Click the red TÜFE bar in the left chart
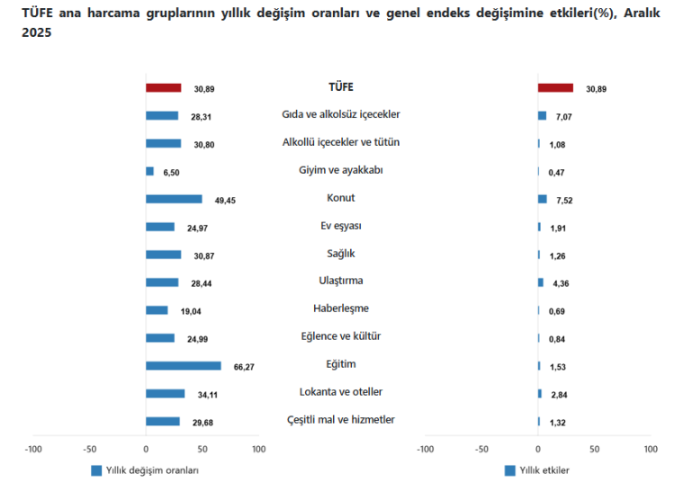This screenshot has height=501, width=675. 163,88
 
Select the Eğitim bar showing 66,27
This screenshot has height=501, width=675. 183,365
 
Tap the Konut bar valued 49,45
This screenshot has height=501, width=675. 173,199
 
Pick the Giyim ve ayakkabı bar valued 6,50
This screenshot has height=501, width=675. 149,171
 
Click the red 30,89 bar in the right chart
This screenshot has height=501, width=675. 555,88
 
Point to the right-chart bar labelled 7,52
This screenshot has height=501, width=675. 542,199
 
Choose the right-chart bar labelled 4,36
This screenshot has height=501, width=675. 540,282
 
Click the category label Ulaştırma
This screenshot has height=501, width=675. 340,282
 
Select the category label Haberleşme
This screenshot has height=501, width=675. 340,309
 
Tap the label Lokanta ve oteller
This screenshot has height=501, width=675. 340,392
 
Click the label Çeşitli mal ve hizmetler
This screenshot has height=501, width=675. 340,420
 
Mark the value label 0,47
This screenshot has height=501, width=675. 556,172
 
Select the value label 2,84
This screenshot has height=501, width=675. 556,394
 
